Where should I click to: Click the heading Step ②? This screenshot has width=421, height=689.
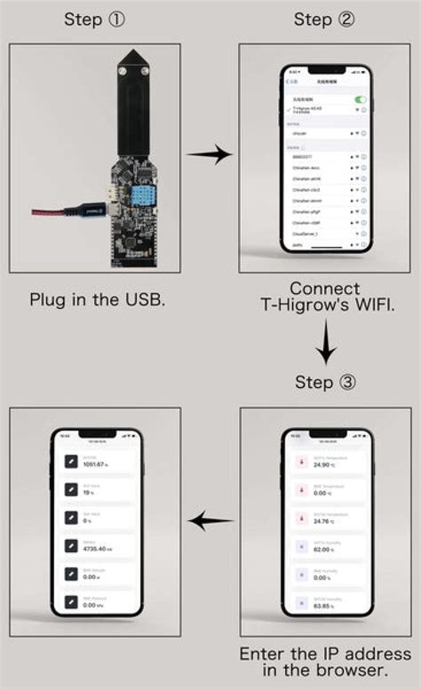[x=324, y=20]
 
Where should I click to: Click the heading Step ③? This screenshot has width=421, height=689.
[x=325, y=383]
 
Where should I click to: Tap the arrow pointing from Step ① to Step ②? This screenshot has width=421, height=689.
[x=210, y=154]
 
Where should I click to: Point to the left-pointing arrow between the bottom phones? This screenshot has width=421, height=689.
[x=210, y=521]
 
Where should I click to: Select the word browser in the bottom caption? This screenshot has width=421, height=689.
[x=344, y=671]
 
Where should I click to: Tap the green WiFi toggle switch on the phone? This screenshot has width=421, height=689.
[x=360, y=99]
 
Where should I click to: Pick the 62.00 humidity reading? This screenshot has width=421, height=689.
[x=322, y=551]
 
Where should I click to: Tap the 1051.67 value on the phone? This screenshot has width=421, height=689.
[x=95, y=464]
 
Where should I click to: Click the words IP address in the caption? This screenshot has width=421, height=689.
[x=340, y=654]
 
